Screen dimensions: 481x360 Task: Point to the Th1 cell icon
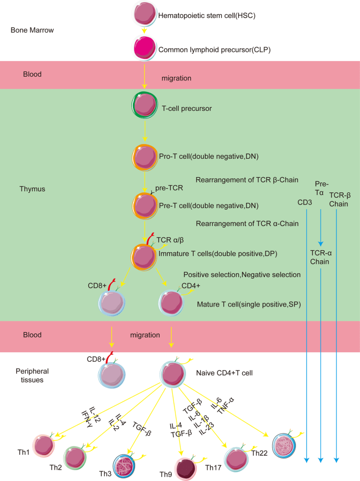[45, 447]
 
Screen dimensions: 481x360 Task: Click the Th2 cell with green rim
[76, 457]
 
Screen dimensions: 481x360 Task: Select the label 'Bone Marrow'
[33, 30]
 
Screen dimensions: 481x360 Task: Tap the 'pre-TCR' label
[168, 188]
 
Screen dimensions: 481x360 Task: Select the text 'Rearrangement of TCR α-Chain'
[247, 224]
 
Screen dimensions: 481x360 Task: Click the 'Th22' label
[260, 453]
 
